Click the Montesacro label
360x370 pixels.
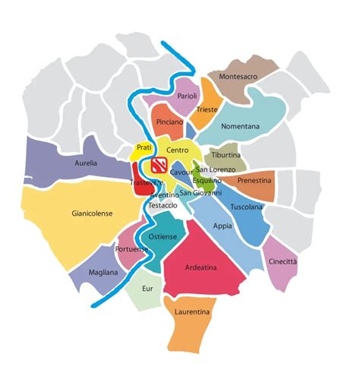coord(241,77)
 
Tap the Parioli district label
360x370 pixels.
coord(188,96)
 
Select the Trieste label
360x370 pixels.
coord(207,109)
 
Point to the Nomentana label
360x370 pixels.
coord(239,126)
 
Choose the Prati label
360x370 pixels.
coord(144,147)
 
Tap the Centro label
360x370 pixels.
coord(177,152)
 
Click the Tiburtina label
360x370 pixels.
coord(226,155)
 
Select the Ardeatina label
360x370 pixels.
coord(203,267)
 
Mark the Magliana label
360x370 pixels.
coord(103,272)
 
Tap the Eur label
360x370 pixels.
coord(148,289)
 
